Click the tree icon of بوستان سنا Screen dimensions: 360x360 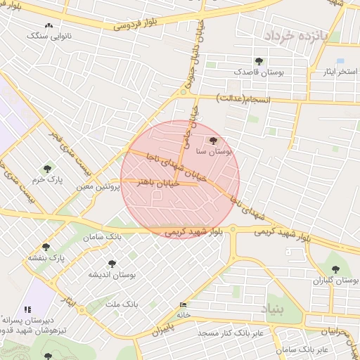click(214, 141)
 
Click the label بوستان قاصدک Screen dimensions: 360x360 click(259, 72)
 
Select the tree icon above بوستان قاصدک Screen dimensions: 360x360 click(259, 61)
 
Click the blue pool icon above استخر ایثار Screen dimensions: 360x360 click(340, 62)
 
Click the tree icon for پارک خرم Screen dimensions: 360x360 click(47, 169)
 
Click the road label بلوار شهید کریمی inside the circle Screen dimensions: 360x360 click(193, 229)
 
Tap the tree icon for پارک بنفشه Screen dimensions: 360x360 click(46, 247)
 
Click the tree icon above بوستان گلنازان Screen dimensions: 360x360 click(335, 269)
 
